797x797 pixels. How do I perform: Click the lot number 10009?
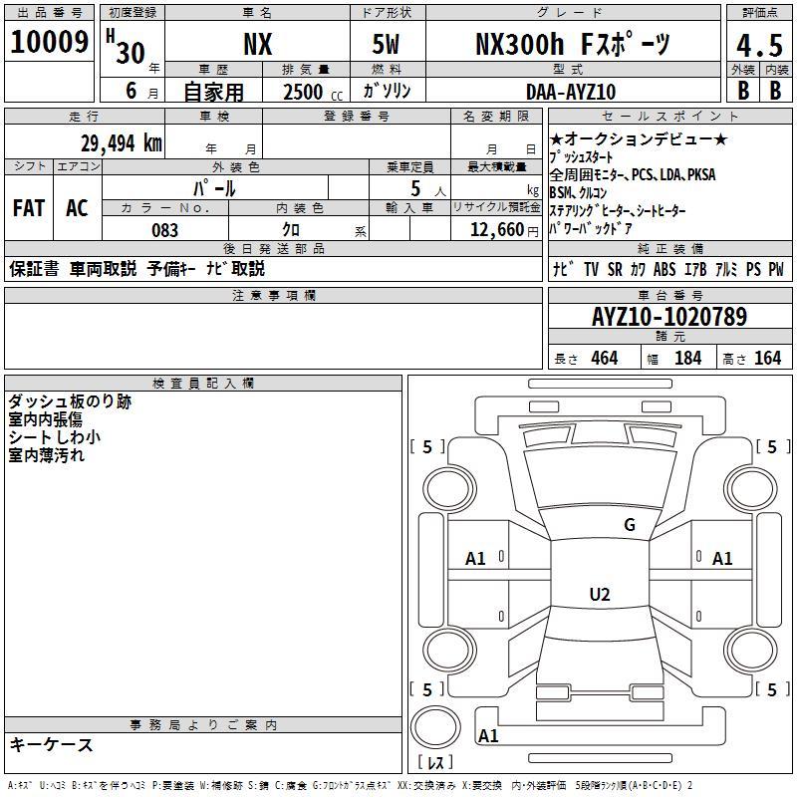coord(49,42)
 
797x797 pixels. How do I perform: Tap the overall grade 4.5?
coord(759,46)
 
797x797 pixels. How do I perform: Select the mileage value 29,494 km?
coord(122,143)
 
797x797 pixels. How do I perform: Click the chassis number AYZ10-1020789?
coord(669,317)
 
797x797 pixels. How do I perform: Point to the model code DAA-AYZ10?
coord(571,92)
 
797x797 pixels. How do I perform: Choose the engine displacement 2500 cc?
coord(313,92)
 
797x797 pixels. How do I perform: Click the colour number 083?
coord(164,230)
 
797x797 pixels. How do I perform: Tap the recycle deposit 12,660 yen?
coord(504,230)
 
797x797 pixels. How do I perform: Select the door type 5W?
coord(386,44)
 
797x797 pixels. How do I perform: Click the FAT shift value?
coord(29,208)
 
